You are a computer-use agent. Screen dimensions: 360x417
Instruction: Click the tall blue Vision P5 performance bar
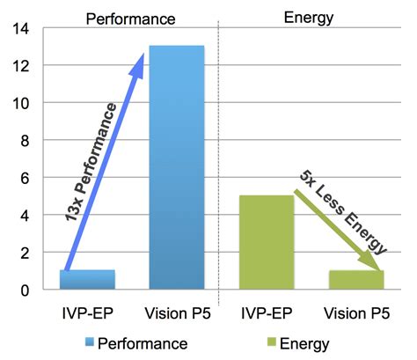pos(177,167)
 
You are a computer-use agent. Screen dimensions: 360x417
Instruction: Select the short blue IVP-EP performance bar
pos(88,280)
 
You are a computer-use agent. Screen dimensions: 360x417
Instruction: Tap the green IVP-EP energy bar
pos(267,242)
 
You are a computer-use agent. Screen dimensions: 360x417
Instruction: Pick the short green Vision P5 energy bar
pos(355,280)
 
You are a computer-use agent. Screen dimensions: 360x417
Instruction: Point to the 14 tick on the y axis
pos(19,29)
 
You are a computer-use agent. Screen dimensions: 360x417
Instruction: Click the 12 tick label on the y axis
pos(19,66)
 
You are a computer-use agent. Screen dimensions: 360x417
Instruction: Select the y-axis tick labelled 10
pos(19,103)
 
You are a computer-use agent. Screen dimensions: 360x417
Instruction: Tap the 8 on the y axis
pos(24,141)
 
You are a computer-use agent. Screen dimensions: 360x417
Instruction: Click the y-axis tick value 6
pos(24,178)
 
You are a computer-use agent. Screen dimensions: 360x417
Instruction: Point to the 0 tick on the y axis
pos(24,290)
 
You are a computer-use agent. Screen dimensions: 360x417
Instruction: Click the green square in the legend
pos(270,342)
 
